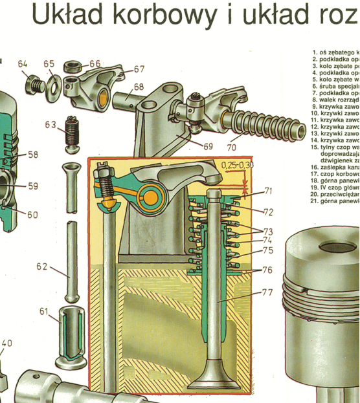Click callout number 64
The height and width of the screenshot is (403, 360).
23,64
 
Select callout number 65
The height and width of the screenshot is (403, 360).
49,64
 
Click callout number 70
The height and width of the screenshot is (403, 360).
232,147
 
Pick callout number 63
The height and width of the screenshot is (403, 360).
51,125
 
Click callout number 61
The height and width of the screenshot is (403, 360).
44,311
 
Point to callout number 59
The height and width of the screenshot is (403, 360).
33,186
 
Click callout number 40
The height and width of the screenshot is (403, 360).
6,343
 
